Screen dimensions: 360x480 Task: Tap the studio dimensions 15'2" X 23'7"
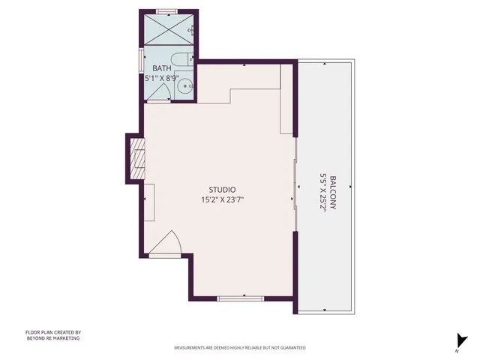(223, 200)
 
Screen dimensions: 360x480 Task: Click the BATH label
(161, 68)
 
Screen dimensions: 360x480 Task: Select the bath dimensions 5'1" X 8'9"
(161, 77)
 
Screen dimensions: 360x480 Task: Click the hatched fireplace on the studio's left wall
(136, 159)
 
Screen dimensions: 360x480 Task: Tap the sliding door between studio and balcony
(296, 184)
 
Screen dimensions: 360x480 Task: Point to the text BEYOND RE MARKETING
(52, 338)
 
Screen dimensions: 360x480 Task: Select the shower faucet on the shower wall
(193, 30)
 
